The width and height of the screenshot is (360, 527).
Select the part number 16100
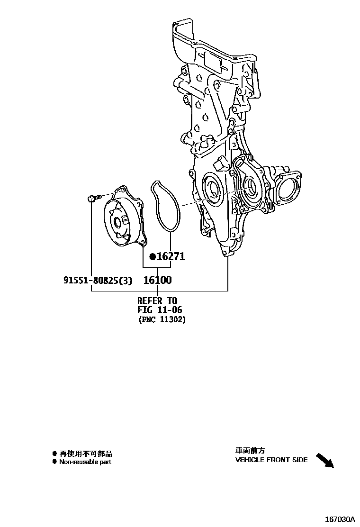(157, 280)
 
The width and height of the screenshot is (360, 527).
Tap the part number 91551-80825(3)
(98, 281)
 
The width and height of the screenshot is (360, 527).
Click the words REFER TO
(157, 300)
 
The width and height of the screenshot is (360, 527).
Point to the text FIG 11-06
(160, 310)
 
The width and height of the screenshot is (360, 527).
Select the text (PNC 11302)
(162, 320)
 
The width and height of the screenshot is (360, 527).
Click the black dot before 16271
(153, 257)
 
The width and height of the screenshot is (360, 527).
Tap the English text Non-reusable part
(85, 462)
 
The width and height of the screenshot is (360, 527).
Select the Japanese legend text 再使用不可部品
(86, 454)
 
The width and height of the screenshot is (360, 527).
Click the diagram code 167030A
(340, 519)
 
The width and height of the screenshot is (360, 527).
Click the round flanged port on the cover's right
(288, 188)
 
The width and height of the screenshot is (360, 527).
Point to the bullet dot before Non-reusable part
(54, 462)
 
